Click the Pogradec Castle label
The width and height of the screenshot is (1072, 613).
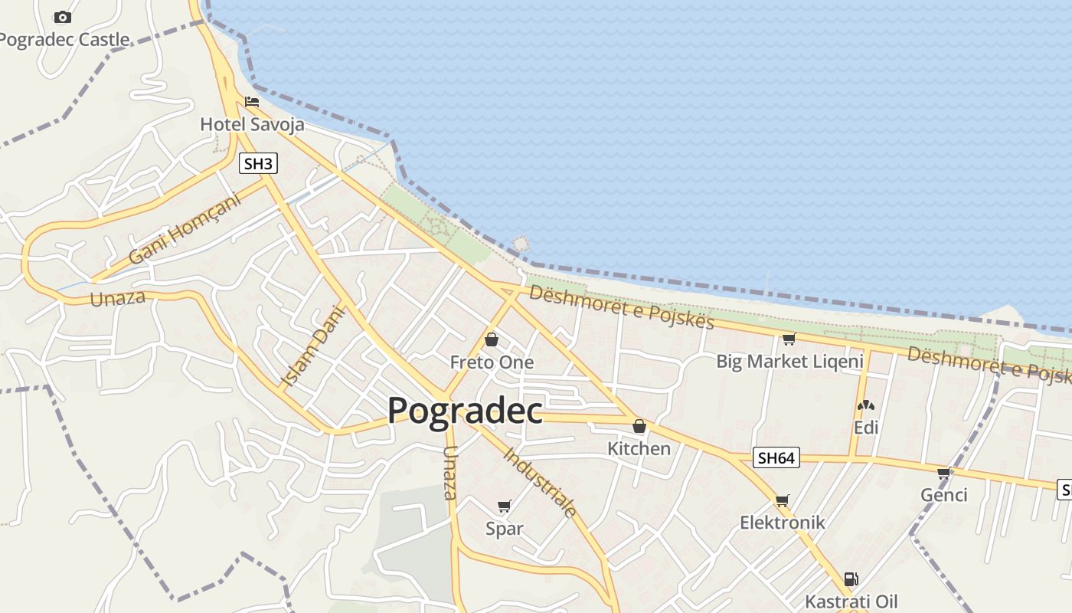[x=64, y=39]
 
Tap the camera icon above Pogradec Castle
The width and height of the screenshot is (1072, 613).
[x=63, y=17]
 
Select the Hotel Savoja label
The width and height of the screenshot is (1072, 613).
[x=252, y=124]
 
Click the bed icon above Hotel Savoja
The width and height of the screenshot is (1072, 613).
[x=252, y=102]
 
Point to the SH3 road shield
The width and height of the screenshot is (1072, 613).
[x=257, y=163]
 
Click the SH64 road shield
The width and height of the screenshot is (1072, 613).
[x=776, y=458]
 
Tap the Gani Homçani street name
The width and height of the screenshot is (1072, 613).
[x=184, y=228]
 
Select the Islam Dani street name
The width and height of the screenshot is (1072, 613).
[x=314, y=346]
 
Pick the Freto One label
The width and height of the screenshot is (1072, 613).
[x=492, y=362]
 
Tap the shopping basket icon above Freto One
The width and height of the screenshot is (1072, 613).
[x=492, y=339]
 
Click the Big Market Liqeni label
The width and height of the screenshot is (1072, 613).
[x=789, y=361]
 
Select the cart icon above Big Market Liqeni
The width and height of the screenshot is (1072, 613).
[x=789, y=339]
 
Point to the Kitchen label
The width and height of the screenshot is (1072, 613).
[x=639, y=448]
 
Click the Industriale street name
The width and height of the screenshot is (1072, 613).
[x=541, y=482]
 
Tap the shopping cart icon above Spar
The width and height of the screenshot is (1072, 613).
[x=504, y=506]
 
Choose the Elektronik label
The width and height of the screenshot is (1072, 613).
[x=782, y=523]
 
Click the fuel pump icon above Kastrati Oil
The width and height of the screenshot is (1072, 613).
[x=850, y=579]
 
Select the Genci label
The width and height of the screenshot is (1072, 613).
[x=943, y=495]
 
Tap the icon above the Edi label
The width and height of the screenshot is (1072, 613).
[x=866, y=405]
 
